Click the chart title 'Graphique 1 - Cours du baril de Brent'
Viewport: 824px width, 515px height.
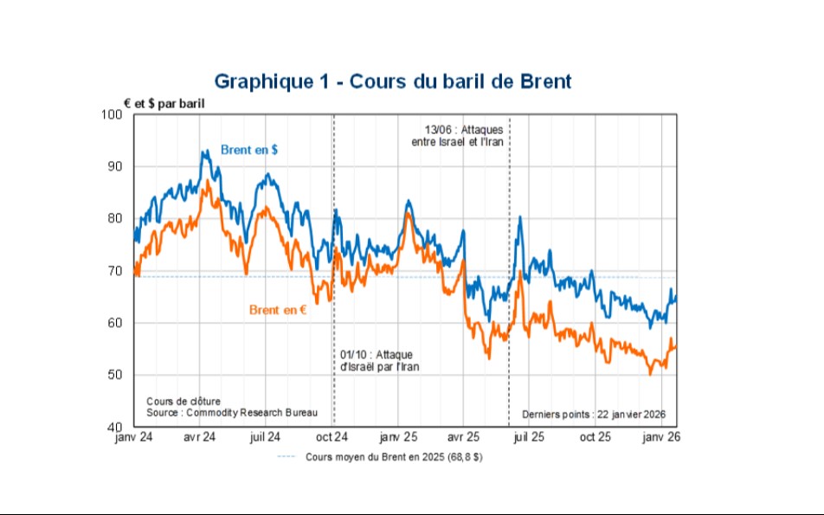point(392,81)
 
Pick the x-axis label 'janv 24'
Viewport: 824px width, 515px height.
point(133,438)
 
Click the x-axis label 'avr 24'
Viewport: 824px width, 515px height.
point(200,438)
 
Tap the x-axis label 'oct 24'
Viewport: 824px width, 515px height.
point(332,438)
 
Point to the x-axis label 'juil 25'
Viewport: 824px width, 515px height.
point(531,438)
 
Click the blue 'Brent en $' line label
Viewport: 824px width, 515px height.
point(249,150)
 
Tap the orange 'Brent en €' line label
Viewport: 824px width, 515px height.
point(278,309)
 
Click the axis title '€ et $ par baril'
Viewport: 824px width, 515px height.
point(165,103)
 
